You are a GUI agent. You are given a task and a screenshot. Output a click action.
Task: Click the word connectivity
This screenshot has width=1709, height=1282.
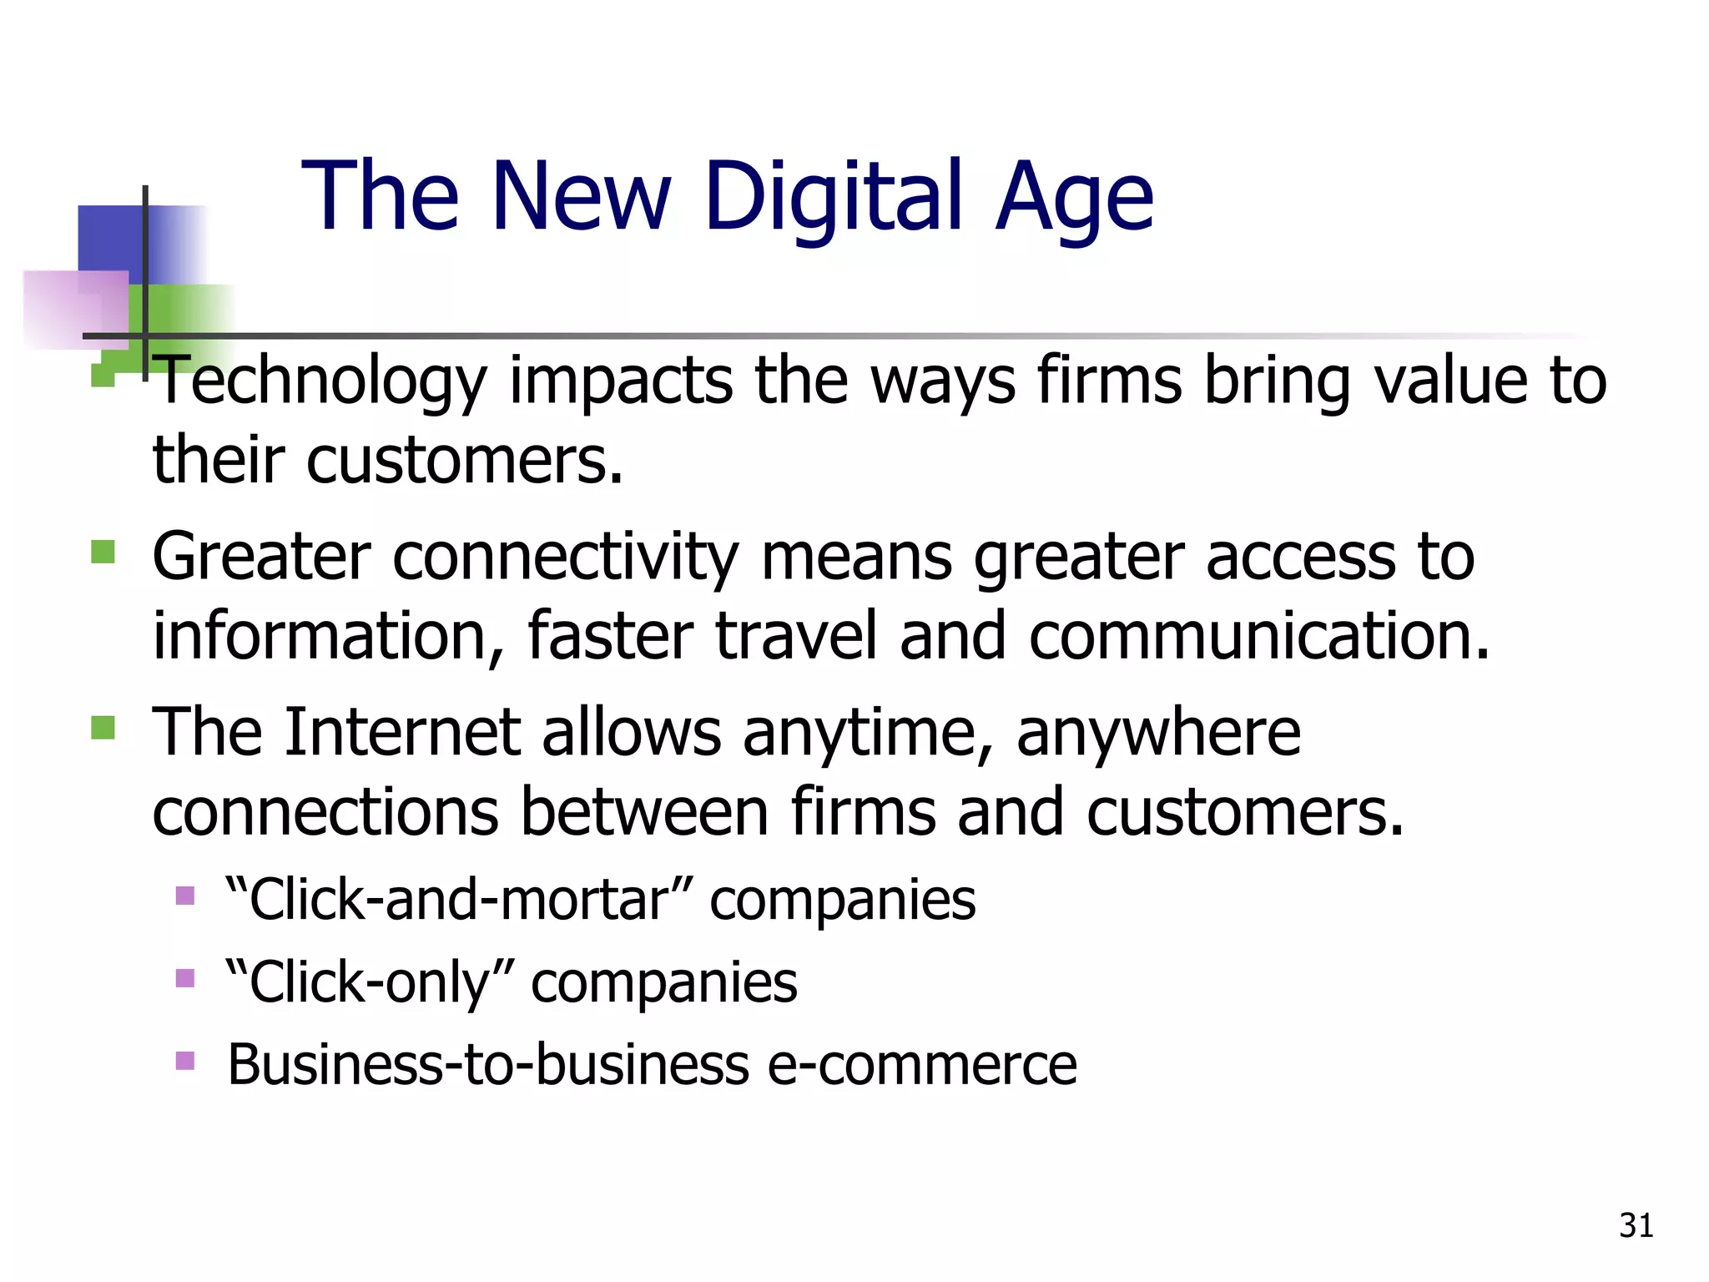click(x=565, y=558)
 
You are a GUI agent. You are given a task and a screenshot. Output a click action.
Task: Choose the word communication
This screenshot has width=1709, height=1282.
click(x=1258, y=636)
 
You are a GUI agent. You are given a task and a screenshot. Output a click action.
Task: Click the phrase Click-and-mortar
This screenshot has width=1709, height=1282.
click(x=459, y=900)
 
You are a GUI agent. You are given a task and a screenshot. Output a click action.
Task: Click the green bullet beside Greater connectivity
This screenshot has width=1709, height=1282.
click(x=103, y=552)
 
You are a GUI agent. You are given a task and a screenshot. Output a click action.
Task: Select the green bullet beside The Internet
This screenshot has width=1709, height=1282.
click(x=103, y=728)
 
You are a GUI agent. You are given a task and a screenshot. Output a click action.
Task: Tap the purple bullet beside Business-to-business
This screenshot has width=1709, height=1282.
click(x=185, y=1061)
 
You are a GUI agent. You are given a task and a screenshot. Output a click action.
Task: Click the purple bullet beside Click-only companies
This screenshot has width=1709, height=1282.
click(x=185, y=977)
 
